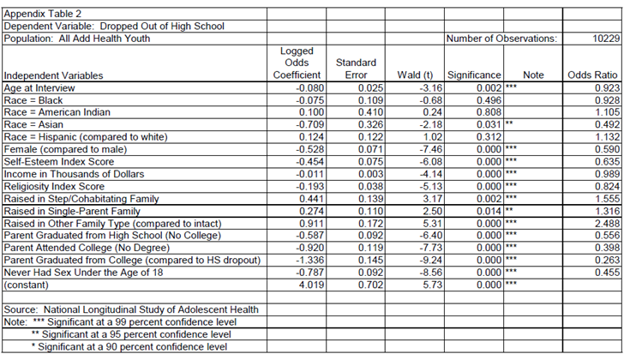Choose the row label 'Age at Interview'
(39, 87)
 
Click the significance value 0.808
(487, 112)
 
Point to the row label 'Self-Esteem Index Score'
(58, 162)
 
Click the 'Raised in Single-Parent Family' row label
(73, 211)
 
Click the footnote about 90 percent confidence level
(129, 347)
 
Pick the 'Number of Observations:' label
(502, 39)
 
